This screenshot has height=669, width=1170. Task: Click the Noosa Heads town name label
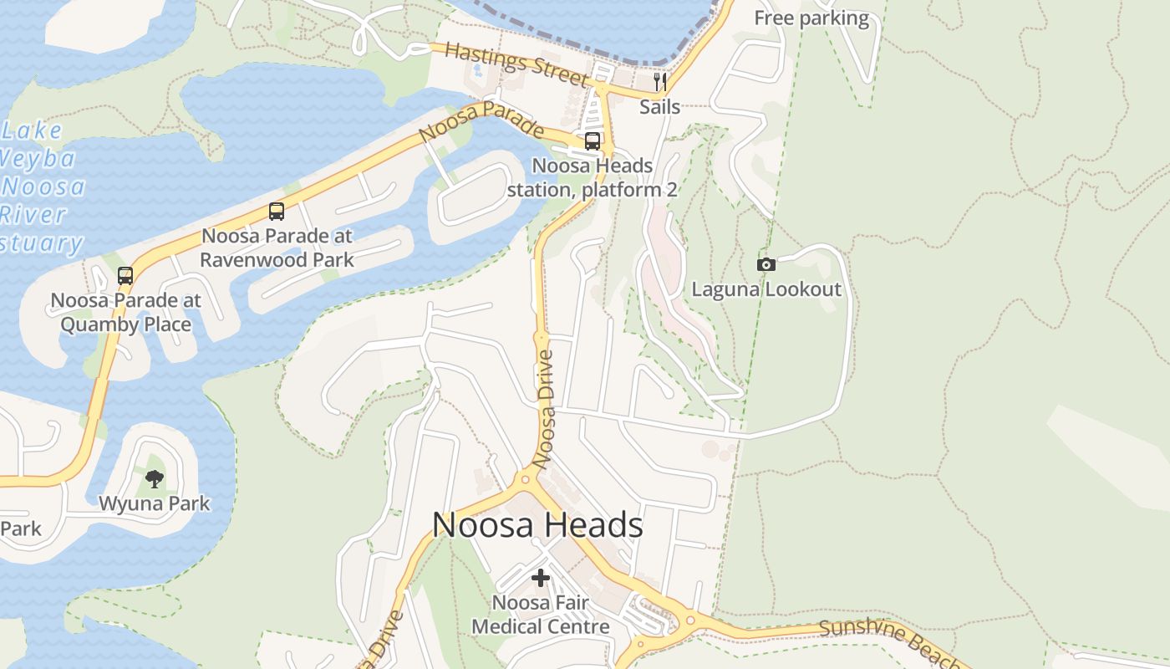[537, 525]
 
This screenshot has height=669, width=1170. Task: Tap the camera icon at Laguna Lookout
[766, 265]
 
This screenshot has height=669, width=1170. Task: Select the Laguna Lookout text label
[766, 289]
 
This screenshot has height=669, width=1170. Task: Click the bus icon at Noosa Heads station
[592, 141]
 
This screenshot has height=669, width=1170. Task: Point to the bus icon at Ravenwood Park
[277, 212]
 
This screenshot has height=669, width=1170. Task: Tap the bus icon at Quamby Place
[125, 275]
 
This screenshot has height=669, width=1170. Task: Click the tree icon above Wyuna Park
[154, 479]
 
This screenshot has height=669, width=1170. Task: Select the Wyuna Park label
[155, 503]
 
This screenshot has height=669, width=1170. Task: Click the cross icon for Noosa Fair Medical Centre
[541, 577]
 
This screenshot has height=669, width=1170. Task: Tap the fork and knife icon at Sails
[659, 82]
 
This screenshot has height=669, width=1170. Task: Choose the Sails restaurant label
[659, 106]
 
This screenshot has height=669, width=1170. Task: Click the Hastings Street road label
[516, 64]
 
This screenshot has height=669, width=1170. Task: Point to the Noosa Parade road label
[481, 122]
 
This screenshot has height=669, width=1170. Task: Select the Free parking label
[811, 18]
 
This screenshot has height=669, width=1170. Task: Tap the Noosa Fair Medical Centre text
[541, 614]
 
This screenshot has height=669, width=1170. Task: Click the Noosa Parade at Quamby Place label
[126, 312]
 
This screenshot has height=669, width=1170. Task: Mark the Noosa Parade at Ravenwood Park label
[277, 248]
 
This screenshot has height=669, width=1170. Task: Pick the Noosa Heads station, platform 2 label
[592, 177]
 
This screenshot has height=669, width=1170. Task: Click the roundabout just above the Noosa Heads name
[526, 479]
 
